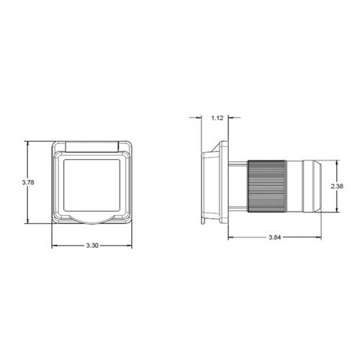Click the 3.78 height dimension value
pos(28,182)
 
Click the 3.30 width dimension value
pos(92,246)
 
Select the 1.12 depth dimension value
pos(217,118)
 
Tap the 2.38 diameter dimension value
pos(337,186)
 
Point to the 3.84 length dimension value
pos(274,238)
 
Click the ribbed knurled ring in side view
pos(267,186)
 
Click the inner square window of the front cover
pos(91,185)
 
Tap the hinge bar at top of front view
pos(92,147)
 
